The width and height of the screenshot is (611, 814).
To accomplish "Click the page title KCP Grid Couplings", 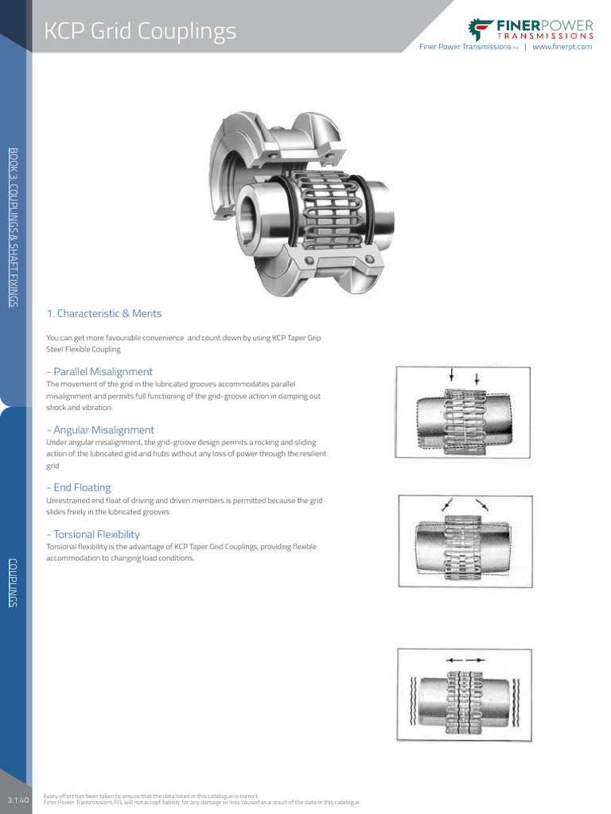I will [140, 31].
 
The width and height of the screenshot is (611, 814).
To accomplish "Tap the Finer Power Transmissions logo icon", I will [481, 29].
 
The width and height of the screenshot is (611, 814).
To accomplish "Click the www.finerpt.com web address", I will [562, 47].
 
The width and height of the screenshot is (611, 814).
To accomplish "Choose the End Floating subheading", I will [79, 487].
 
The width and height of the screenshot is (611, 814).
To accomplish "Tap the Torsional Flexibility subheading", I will [93, 534].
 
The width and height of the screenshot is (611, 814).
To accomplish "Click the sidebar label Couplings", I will [13, 583].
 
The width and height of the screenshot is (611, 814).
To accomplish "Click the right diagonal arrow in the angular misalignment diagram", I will [481, 504].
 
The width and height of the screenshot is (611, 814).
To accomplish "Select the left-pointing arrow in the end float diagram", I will [453, 659].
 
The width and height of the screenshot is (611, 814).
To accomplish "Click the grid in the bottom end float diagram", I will [463, 696].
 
